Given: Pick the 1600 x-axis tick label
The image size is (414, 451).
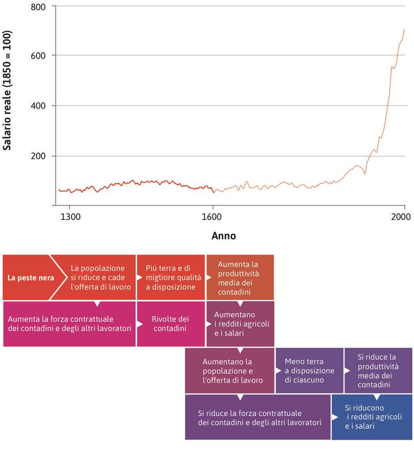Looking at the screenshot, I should point(213,216).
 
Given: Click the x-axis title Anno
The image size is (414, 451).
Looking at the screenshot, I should point(223,236).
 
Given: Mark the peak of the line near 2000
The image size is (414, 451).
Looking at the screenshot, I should point(404,30).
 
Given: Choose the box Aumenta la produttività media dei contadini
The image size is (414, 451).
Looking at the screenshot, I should point(240,278).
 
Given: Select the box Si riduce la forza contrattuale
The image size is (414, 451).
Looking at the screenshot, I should point(258,417).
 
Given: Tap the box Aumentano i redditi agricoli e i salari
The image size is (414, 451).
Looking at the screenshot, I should point(240,323).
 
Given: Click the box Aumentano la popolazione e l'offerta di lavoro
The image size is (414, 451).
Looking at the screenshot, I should point(229,370).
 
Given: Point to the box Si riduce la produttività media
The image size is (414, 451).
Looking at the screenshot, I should point(378,370).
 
